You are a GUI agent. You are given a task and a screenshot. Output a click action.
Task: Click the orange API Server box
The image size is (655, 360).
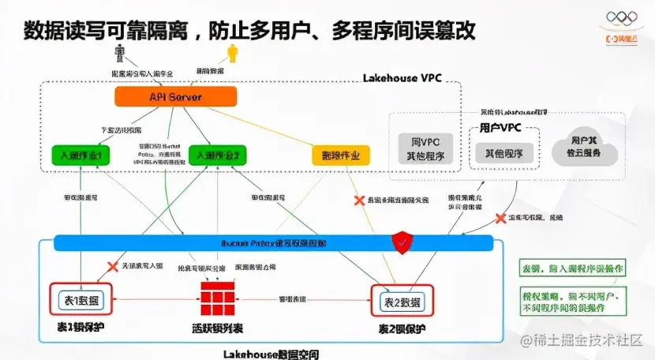(175, 96)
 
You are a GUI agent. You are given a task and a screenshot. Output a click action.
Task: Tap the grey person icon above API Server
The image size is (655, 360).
(121, 53)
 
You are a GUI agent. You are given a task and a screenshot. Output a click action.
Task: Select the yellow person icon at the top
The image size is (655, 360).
(232, 53)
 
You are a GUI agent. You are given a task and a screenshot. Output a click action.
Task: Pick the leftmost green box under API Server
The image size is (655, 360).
(80, 155)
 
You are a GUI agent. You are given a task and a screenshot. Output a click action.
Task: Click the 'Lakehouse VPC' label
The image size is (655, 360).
(402, 78)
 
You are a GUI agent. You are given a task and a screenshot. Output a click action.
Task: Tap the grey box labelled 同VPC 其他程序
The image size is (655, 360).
(425, 148)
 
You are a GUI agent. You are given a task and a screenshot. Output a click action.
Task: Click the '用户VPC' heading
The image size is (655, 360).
(500, 127)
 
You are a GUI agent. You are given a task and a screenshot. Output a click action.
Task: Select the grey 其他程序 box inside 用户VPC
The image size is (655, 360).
(504, 152)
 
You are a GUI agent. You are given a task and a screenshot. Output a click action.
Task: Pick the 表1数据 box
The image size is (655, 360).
(82, 299)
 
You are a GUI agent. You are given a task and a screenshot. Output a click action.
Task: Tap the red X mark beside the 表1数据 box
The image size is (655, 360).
(112, 267)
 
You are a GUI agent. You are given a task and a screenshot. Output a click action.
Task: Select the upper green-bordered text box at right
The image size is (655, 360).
(572, 268)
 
